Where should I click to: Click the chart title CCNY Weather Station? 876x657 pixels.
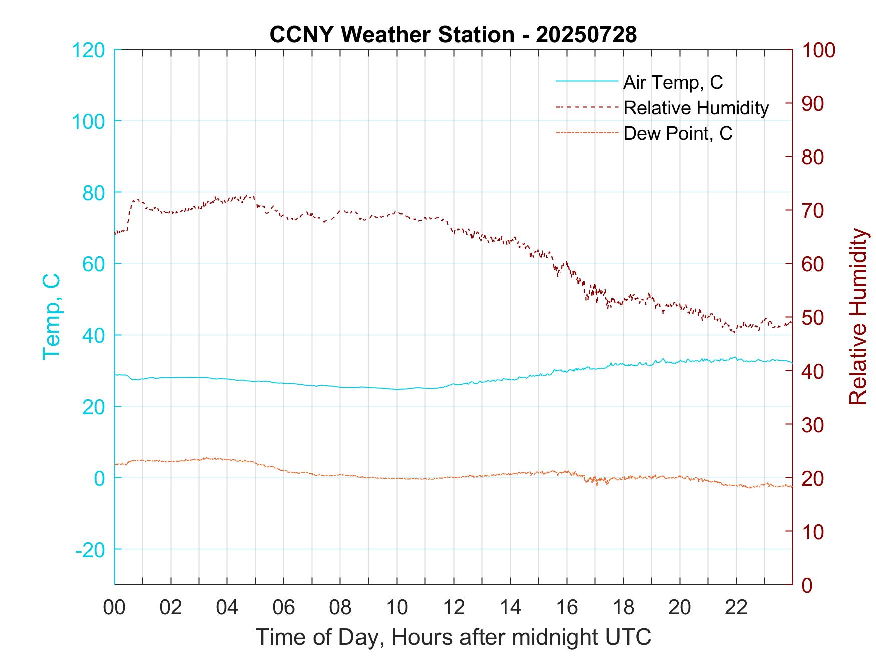point(453,35)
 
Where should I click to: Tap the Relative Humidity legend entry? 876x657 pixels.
point(696,108)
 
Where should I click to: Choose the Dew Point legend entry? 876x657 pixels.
point(677,134)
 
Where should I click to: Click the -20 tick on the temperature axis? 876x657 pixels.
point(90,550)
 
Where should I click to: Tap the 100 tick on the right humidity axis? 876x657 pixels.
point(819,50)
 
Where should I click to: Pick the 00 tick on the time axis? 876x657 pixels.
point(114,607)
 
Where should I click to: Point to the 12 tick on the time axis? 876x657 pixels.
point(454,607)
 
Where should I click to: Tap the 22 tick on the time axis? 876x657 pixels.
point(736,607)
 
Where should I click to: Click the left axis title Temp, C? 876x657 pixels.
point(52,316)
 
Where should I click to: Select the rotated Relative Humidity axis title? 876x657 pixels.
point(857,316)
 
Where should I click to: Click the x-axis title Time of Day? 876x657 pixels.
point(454,637)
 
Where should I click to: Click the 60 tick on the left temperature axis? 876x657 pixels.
point(93,264)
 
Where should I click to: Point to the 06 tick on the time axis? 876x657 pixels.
point(284,607)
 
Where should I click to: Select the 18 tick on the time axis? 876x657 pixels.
point(623,607)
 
